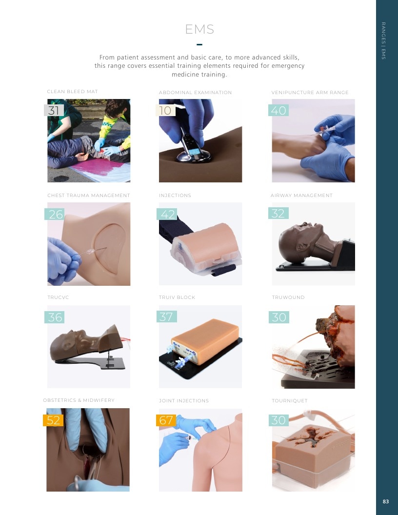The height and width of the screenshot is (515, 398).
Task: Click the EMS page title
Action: (x=199, y=29)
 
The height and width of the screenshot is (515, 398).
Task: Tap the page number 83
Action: (x=385, y=501)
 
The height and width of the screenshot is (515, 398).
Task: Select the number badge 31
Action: (x=54, y=110)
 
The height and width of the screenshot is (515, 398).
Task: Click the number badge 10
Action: (x=165, y=110)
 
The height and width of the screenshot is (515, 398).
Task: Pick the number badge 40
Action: (x=279, y=110)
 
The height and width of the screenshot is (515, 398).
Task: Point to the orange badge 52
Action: (x=53, y=420)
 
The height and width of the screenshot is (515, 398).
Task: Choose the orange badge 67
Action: (x=166, y=420)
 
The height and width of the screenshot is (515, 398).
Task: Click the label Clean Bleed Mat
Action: (x=72, y=92)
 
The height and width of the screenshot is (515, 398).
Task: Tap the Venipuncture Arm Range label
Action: (x=310, y=93)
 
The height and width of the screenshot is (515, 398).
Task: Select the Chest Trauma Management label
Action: (x=89, y=196)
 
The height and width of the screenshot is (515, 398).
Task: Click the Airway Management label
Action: (x=301, y=196)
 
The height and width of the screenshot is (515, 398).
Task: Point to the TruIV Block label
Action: (x=177, y=297)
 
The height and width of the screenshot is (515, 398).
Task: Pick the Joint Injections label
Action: (x=184, y=401)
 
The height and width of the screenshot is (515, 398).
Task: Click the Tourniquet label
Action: (x=290, y=401)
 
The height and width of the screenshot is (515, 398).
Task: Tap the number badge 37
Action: (x=166, y=317)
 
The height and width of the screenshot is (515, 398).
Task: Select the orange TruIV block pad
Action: (x=205, y=340)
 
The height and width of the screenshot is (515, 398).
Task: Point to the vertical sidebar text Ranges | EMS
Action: (x=383, y=41)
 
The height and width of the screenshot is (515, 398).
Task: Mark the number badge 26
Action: (x=55, y=214)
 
